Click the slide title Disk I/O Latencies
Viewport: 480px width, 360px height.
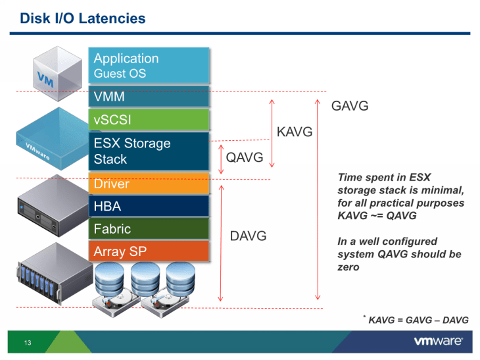pos(83,18)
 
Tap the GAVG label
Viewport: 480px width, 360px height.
pos(349,106)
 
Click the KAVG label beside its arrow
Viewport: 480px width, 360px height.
pos(294,133)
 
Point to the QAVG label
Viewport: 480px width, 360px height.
pos(244,157)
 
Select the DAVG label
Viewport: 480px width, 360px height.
pos(248,236)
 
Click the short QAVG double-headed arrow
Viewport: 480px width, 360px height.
pos(221,158)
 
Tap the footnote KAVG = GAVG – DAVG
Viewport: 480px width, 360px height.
pos(418,320)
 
